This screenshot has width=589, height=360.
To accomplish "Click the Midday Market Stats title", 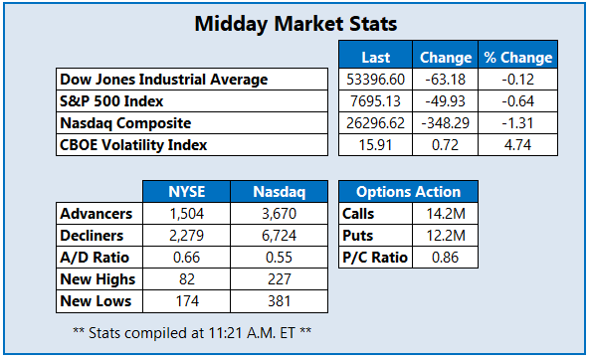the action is click(295, 24).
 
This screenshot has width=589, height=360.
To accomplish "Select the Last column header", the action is click(376, 58).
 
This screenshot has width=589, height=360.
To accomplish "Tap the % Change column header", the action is click(518, 58).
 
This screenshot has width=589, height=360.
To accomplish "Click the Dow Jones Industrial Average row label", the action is click(164, 80).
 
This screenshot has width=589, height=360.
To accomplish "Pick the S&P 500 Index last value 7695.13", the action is click(376, 101).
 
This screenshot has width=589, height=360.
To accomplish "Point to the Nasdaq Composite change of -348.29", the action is click(445, 123).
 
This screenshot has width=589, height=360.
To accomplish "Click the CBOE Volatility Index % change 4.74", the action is click(517, 145).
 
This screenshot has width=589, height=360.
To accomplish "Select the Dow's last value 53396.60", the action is click(376, 80).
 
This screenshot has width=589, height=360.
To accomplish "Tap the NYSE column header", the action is click(187, 192).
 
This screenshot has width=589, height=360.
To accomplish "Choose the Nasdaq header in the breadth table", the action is click(280, 192).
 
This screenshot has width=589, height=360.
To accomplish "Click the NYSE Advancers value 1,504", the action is click(187, 214).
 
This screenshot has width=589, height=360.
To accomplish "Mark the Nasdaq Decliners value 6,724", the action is click(280, 236).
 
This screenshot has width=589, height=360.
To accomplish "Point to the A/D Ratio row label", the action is click(95, 258).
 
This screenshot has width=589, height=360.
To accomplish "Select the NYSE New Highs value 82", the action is click(187, 279).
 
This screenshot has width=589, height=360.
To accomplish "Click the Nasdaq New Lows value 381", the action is click(280, 301).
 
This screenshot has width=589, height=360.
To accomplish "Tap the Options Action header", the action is click(408, 192).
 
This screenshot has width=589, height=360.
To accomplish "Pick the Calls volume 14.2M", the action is click(446, 214).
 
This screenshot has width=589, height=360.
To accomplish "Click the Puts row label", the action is click(357, 236).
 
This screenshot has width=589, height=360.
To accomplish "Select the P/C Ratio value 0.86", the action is click(445, 258).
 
